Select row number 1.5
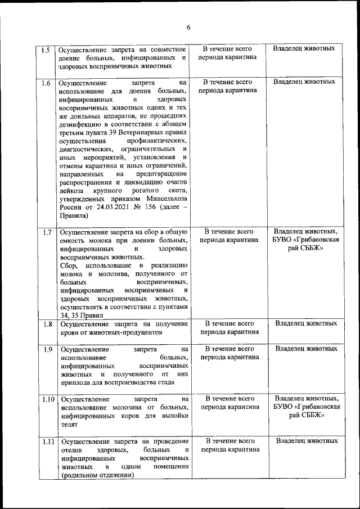(46, 49)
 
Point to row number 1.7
(46, 232)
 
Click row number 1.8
(46, 324)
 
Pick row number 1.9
(46, 349)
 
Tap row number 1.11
(47, 442)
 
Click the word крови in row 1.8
(70, 332)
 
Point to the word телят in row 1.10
(70, 425)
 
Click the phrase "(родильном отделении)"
(97, 475)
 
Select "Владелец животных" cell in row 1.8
(307, 324)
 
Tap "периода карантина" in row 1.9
(229, 357)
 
